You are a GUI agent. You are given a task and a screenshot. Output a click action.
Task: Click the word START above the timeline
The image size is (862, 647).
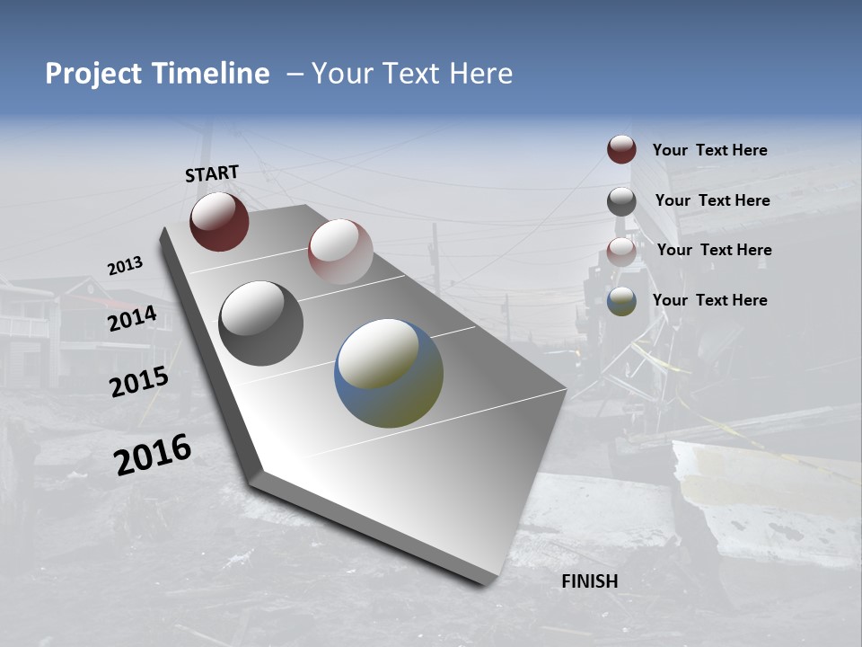(x=212, y=173)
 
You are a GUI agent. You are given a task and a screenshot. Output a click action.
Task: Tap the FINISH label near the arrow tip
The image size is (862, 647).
(x=589, y=581)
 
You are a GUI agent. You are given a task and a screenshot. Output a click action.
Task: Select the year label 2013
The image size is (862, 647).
(x=125, y=266)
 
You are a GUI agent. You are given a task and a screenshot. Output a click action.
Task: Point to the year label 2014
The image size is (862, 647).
(x=132, y=319)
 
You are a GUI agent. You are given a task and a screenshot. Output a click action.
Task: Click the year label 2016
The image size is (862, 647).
(x=153, y=454)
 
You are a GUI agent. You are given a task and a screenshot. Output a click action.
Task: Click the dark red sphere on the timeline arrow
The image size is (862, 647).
(x=219, y=221)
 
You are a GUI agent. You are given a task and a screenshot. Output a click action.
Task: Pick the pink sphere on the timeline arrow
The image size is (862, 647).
(x=340, y=252)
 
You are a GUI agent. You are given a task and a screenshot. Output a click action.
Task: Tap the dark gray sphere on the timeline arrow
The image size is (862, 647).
(x=260, y=323)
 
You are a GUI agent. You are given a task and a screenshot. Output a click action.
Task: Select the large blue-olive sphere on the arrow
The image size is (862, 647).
(x=389, y=373)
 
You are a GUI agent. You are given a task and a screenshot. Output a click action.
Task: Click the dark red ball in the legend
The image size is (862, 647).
(x=621, y=150)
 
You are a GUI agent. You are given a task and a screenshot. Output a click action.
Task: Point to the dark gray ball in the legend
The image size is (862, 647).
(x=621, y=201)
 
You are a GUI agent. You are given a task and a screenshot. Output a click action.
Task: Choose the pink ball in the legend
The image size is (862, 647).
(x=621, y=251)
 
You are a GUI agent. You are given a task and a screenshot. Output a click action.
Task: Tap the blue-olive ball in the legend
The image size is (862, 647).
(x=621, y=301)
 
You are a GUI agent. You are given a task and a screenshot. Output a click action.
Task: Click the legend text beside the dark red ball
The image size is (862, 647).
(x=709, y=151)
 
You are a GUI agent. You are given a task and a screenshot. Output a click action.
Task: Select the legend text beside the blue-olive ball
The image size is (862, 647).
(x=709, y=300)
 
